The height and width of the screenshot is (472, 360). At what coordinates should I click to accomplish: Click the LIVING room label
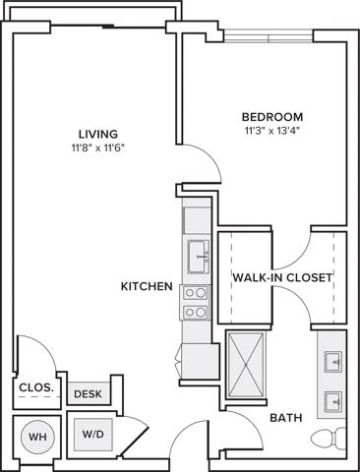98,134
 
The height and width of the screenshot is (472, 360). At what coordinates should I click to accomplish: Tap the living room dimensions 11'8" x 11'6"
98,147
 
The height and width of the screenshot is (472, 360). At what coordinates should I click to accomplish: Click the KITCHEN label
147,286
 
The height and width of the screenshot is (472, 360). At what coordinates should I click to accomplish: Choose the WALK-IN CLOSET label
282,277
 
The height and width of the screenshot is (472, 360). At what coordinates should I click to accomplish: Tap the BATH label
285,418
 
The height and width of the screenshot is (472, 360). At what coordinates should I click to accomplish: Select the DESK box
89,393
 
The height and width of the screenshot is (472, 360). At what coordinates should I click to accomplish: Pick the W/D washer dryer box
93,433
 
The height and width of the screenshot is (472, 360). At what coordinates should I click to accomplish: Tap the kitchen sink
198,256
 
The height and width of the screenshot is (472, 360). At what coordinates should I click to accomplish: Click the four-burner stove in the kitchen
196,302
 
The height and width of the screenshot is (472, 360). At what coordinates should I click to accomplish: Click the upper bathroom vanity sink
332,361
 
